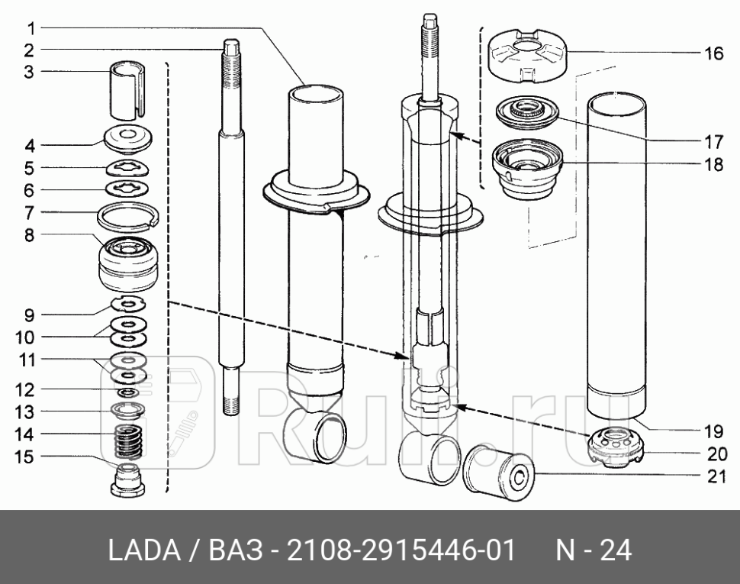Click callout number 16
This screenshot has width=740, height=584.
pos(713,53)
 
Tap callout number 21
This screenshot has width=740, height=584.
pos(713,479)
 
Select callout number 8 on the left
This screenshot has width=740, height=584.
pos(28,236)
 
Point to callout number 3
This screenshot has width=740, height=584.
pos(28,73)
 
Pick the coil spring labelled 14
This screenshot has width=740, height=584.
pos(128,444)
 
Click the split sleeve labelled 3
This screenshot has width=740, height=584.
pos(129,89)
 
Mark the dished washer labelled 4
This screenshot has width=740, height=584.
pos(129,140)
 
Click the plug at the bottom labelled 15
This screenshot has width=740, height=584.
pos(128,479)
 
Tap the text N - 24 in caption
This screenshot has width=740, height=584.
pos(594,550)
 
